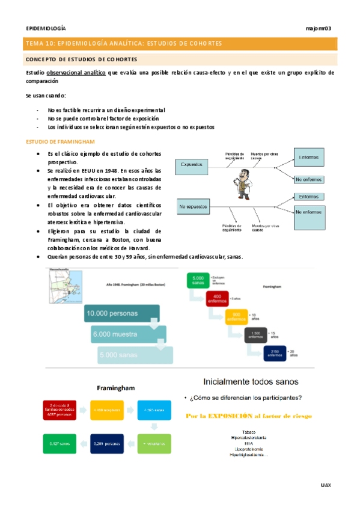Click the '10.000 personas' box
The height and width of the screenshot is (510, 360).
[122, 313]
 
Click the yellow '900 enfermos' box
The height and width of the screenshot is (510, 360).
[236, 316]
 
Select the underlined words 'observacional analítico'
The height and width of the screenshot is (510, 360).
[76, 72]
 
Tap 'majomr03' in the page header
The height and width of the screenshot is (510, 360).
[319, 28]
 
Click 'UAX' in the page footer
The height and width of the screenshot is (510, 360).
[326, 485]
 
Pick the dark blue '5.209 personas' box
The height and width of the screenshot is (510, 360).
[109, 444]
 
